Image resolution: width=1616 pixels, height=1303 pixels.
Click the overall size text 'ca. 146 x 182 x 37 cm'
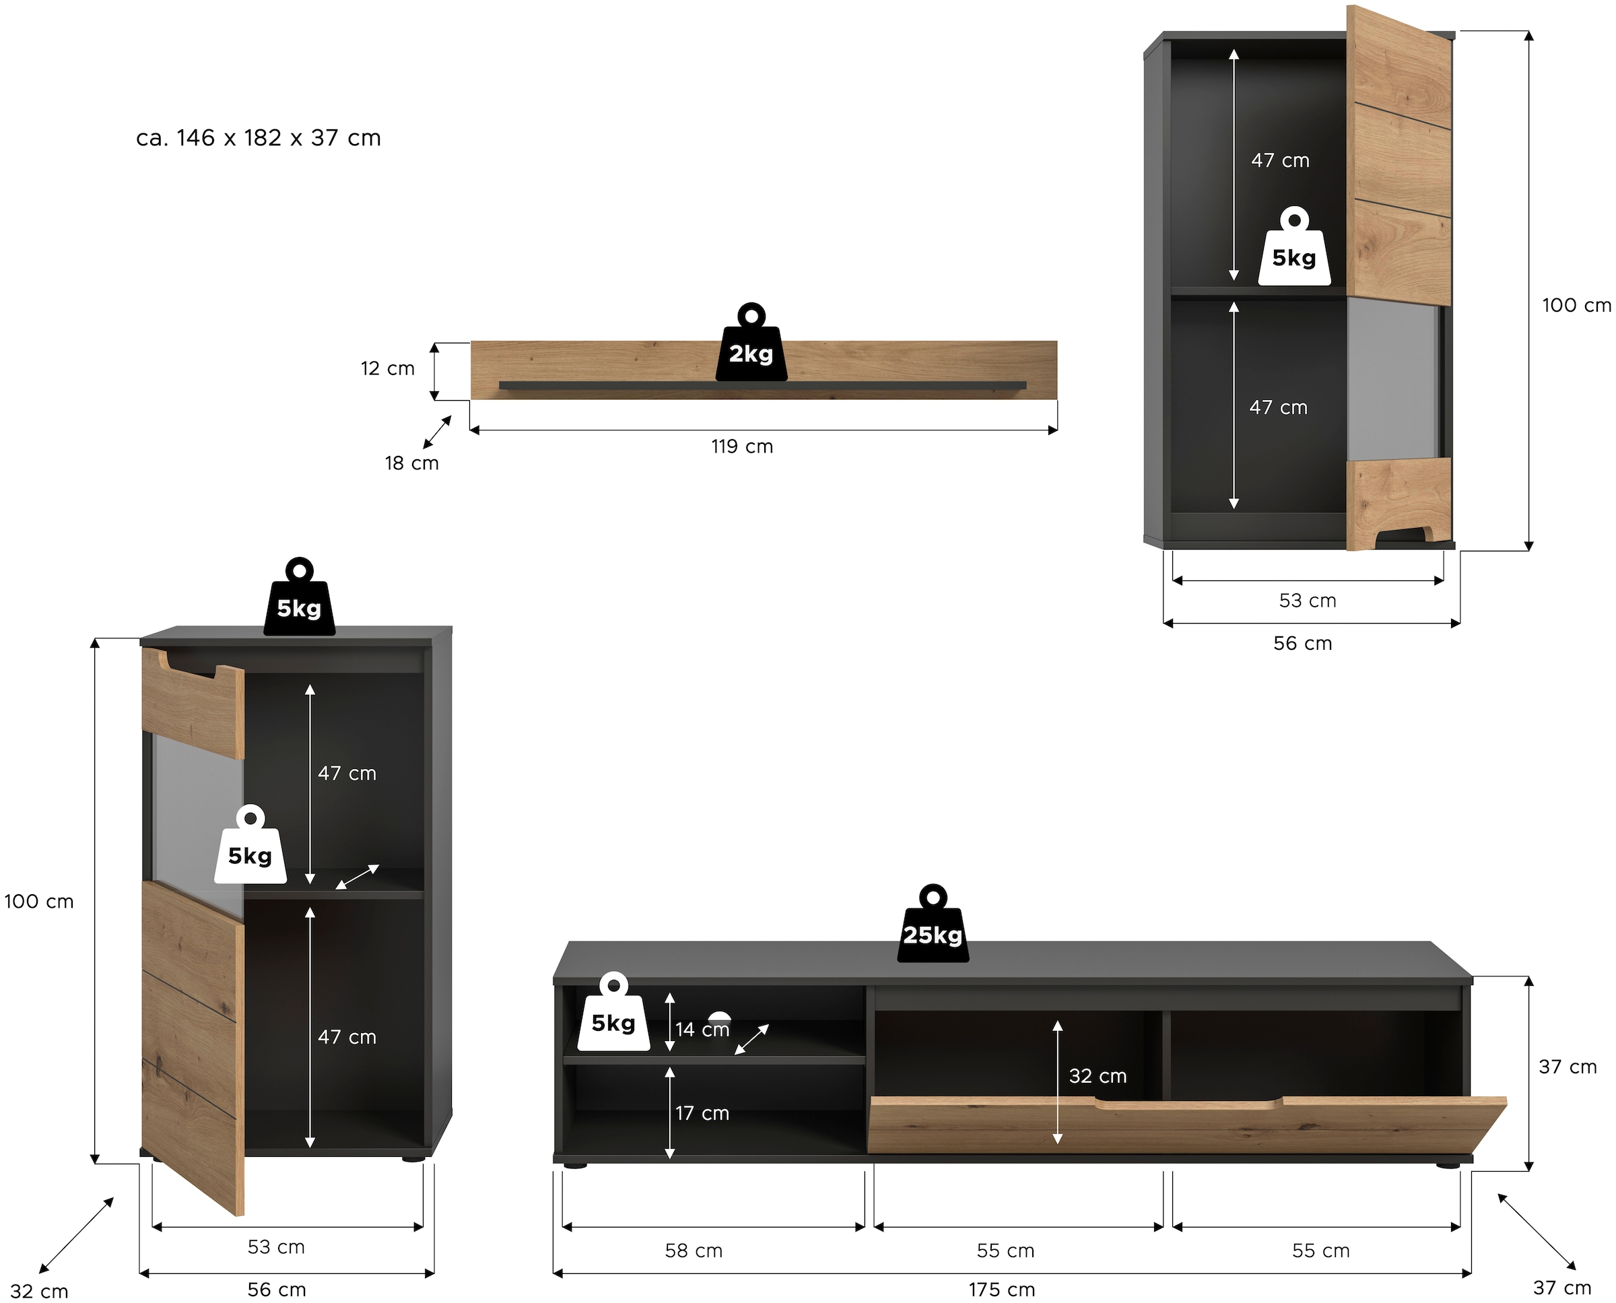(x=258, y=138)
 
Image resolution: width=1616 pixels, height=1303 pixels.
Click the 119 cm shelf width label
(x=741, y=446)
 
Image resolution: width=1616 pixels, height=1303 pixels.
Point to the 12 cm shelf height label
(x=387, y=368)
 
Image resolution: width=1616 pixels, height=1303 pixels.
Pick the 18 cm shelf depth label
(x=411, y=463)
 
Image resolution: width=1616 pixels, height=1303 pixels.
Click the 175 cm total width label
(x=1001, y=1290)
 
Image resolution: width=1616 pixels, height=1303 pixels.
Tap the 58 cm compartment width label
(x=694, y=1250)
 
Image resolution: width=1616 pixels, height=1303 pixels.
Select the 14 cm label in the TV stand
(x=702, y=1029)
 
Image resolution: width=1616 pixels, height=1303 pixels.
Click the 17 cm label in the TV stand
(x=702, y=1113)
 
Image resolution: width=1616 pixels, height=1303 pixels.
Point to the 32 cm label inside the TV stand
(x=1098, y=1075)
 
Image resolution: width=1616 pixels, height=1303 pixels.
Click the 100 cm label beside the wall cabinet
(x=1576, y=306)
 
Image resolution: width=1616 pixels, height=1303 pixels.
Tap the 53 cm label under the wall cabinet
(x=1308, y=601)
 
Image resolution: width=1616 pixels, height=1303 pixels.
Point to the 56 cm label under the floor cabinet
(x=276, y=1290)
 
